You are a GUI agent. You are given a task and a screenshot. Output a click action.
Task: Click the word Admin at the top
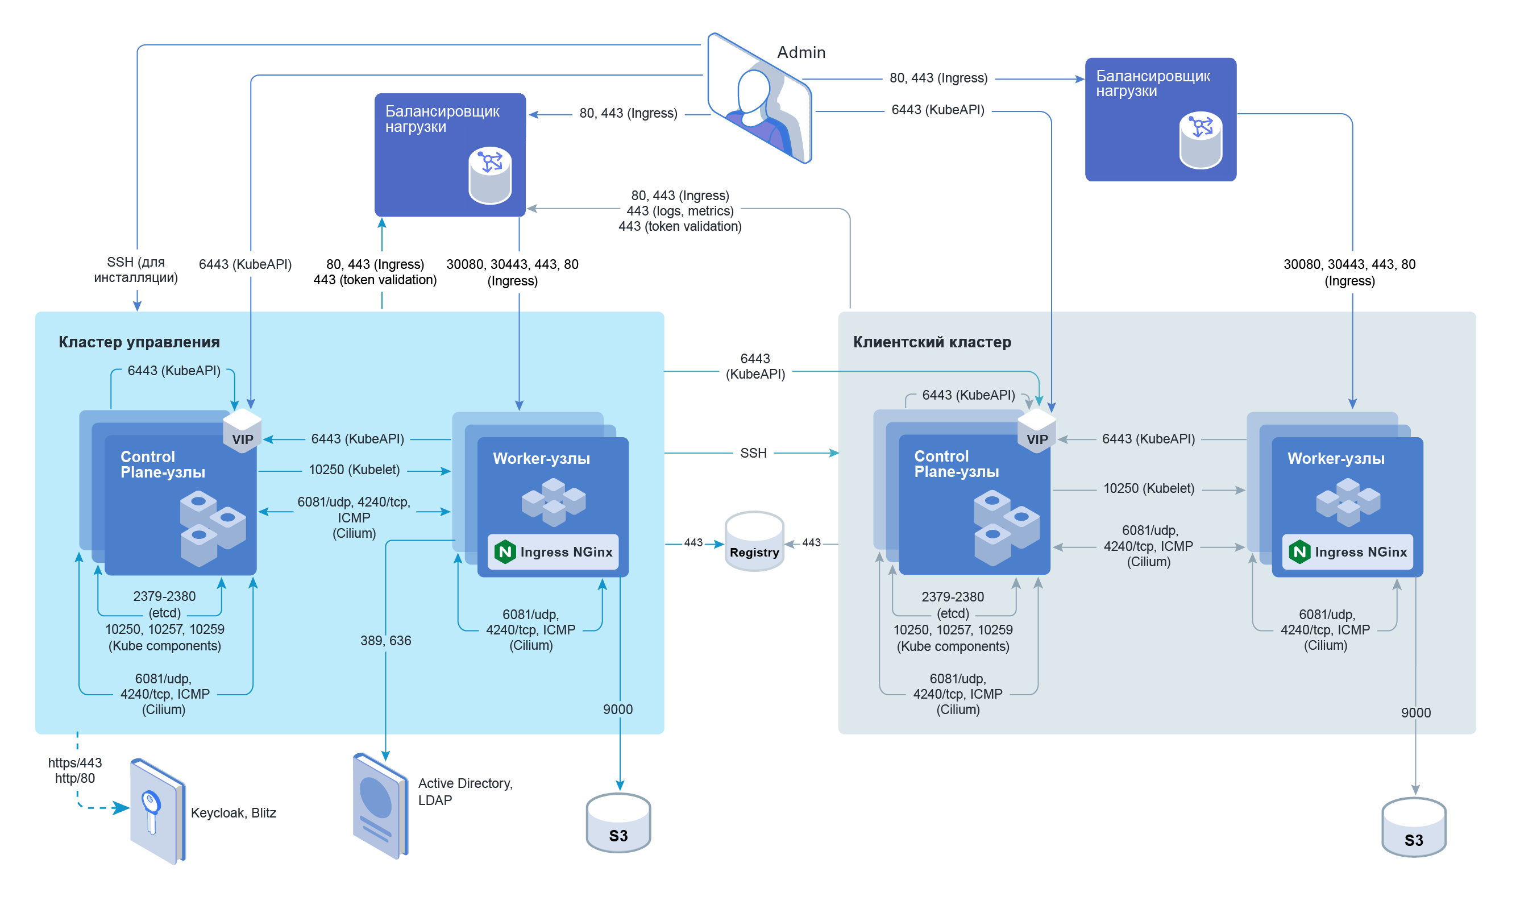click(801, 52)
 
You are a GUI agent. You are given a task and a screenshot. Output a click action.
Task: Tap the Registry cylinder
click(754, 541)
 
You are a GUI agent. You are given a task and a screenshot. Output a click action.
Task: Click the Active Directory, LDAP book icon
click(380, 806)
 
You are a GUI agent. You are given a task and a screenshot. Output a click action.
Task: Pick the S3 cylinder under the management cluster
click(618, 823)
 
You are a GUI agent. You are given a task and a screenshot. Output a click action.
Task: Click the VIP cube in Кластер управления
click(242, 431)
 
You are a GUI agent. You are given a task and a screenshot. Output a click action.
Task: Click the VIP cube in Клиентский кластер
click(1037, 431)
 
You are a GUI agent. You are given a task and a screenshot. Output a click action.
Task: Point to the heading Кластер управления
click(139, 342)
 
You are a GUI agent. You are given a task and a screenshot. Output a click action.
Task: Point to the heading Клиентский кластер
click(932, 342)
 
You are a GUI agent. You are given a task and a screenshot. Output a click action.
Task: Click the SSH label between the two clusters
click(753, 454)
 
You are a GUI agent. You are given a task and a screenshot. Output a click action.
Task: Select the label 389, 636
click(385, 641)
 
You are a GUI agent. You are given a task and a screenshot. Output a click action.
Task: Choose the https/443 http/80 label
click(75, 770)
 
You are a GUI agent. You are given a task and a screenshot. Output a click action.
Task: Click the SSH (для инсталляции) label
click(136, 269)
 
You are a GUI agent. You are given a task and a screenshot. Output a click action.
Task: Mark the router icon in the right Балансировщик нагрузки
click(1201, 140)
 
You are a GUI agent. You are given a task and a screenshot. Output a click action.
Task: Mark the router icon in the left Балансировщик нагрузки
click(489, 175)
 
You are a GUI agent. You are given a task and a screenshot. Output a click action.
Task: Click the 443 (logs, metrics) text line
click(680, 211)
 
